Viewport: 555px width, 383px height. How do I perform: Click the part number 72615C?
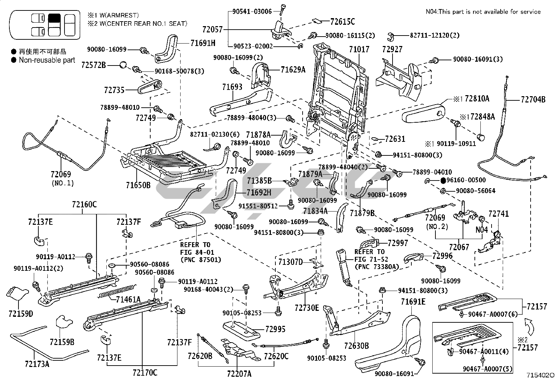click(342, 22)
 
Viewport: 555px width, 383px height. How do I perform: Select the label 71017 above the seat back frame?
click(359, 49)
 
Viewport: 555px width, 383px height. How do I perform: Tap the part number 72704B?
click(533, 100)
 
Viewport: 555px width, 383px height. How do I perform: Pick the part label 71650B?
click(138, 185)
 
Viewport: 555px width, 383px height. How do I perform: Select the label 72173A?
click(37, 364)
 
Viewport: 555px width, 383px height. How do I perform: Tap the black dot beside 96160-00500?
click(443, 181)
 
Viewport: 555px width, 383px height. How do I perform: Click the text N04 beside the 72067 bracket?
click(481, 230)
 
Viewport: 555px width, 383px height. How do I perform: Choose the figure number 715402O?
click(540, 375)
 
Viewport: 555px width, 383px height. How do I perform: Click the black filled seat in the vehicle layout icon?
click(54, 18)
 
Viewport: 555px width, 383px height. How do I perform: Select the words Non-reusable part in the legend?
click(47, 60)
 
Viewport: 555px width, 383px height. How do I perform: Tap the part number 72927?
click(392, 49)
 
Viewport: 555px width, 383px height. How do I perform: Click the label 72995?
click(275, 329)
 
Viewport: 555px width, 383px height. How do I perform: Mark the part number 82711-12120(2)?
click(435, 36)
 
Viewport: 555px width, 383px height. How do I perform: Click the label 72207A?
click(239, 374)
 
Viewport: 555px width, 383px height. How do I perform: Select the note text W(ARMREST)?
click(119, 15)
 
